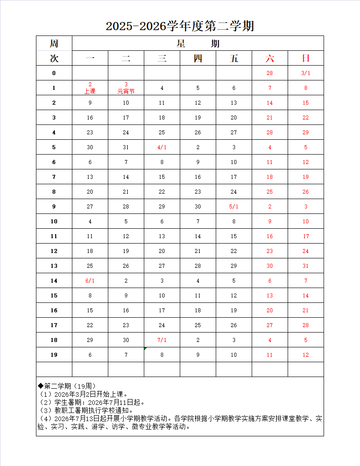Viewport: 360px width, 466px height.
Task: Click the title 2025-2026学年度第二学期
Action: (180, 26)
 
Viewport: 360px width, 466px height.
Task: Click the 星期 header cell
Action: (198, 44)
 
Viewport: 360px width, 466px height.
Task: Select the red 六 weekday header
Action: (270, 58)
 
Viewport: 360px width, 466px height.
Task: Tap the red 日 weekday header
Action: (306, 58)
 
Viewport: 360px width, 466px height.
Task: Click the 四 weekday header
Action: (198, 58)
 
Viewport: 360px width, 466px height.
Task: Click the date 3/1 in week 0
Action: (306, 73)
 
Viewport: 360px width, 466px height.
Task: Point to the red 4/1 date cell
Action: (162, 147)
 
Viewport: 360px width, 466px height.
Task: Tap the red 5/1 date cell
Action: (234, 207)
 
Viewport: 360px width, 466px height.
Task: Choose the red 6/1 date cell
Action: (90, 281)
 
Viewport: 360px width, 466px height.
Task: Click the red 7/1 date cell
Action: (162, 340)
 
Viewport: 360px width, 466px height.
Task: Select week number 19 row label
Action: (54, 355)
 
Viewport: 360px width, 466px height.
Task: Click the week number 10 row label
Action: (54, 222)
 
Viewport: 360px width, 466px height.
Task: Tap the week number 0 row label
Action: (54, 73)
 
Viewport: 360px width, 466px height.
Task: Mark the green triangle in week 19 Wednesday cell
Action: (146, 349)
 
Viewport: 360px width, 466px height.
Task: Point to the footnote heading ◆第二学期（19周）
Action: (67, 386)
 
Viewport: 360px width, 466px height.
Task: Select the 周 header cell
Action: (54, 44)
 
